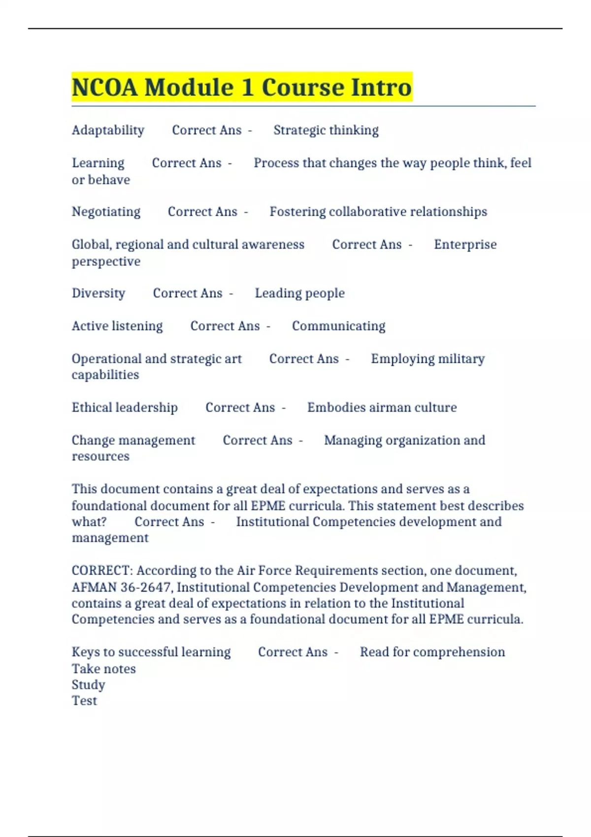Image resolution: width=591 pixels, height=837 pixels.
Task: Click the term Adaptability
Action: pos(108,130)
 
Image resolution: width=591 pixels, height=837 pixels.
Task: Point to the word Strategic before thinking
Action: pos(299,130)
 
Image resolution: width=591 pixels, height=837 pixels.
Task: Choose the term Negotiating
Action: pos(106,212)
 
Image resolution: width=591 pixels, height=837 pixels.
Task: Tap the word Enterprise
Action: pos(465,244)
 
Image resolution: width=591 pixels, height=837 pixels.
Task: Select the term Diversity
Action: pos(98,293)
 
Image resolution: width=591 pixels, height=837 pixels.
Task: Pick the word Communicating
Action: pos(338,326)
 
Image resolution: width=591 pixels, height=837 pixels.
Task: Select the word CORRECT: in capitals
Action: pos(102,571)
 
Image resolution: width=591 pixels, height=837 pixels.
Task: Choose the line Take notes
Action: pos(103,669)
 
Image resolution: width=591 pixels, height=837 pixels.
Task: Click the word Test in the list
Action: pos(84,701)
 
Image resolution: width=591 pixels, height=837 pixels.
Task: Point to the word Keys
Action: pos(85,652)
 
